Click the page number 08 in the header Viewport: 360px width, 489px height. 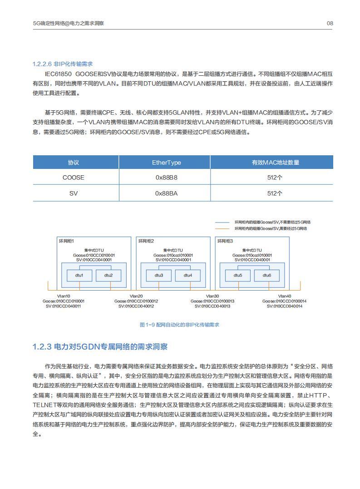pos(330,23)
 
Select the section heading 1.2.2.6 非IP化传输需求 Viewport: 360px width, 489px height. pos(63,64)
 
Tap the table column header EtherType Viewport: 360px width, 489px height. pos(166,163)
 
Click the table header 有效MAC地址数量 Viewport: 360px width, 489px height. pos(275,163)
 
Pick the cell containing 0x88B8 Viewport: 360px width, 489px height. pos(166,178)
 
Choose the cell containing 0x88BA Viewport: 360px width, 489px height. pos(166,193)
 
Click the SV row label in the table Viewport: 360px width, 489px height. pos(74,193)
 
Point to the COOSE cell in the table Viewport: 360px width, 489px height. pos(74,178)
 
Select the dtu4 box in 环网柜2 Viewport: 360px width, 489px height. pos(187,275)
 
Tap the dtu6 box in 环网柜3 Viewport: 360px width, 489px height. pos(266,275)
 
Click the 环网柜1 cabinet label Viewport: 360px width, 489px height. pos(66,241)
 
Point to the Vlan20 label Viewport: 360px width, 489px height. pos(136,296)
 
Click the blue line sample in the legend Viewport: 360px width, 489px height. pos(222,222)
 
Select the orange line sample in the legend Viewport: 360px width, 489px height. pos(222,228)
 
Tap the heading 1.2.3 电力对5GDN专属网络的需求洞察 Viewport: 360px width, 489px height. pos(100,347)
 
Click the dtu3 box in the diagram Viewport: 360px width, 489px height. pos(159,275)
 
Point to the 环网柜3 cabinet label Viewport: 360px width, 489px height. pos(225,241)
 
